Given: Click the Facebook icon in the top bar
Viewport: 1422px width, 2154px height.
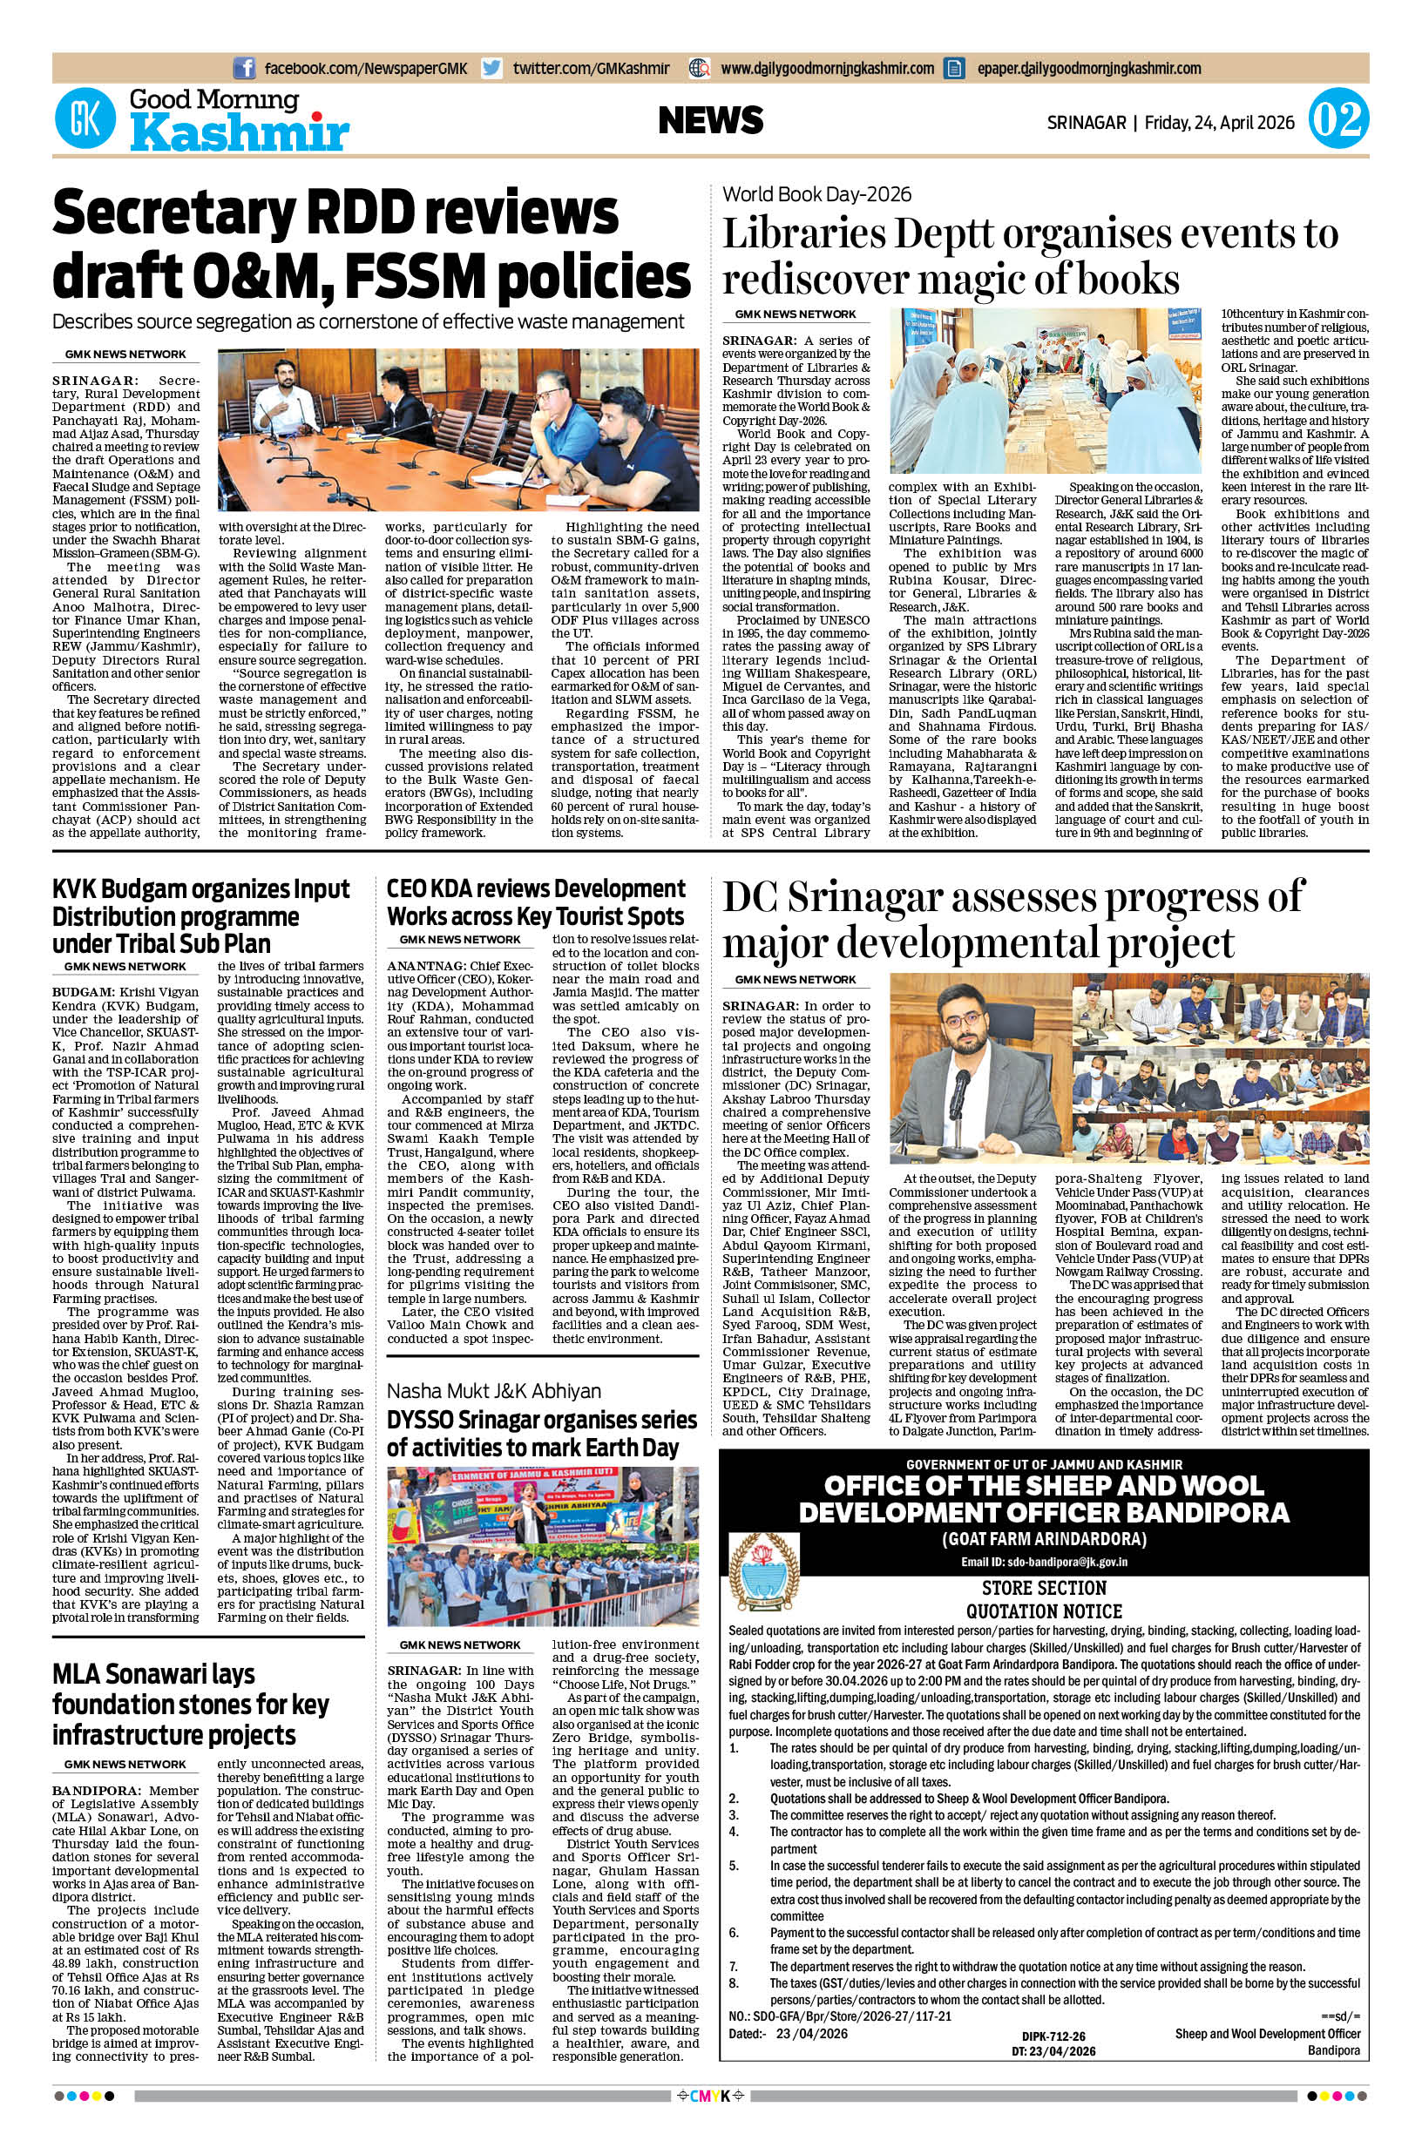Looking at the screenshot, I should coord(244,68).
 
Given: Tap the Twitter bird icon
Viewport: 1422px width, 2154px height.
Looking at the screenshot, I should coord(492,68).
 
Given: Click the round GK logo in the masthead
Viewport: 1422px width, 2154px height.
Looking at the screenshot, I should coord(86,119).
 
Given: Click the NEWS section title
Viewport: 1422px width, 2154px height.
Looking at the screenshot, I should coord(711,120).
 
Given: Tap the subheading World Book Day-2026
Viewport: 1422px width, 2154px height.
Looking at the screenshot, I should coord(817,194).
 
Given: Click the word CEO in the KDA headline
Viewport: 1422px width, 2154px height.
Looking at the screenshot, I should coord(408,888).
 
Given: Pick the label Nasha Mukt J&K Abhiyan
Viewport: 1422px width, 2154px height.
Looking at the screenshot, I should coord(494,1390).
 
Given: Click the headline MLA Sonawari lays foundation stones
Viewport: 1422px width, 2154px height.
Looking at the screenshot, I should coord(191,1704).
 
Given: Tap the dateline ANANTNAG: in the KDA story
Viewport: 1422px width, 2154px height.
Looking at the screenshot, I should coord(423,967).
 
